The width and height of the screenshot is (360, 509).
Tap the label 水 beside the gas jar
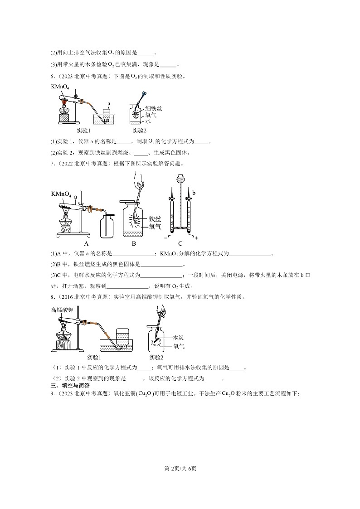[x=148, y=121]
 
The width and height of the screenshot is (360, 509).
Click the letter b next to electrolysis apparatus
[x=194, y=193]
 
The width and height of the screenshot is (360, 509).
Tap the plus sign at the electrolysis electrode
[x=197, y=237]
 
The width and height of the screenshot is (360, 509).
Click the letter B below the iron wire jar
[x=134, y=243]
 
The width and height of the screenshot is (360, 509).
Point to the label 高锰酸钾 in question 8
[x=62, y=310]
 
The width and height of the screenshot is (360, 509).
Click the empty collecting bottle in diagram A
[x=107, y=225]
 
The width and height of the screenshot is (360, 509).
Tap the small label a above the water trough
[x=109, y=104]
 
